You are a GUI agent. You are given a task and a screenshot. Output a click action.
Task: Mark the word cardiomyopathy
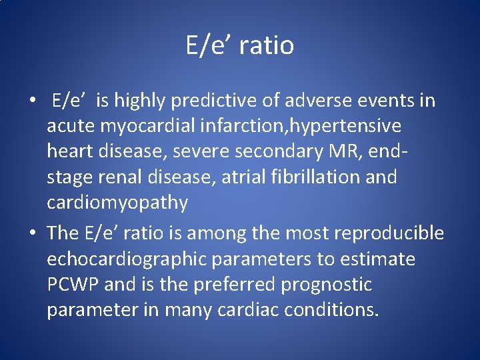click(x=117, y=203)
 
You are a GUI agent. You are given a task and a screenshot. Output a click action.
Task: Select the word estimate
click(x=379, y=259)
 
